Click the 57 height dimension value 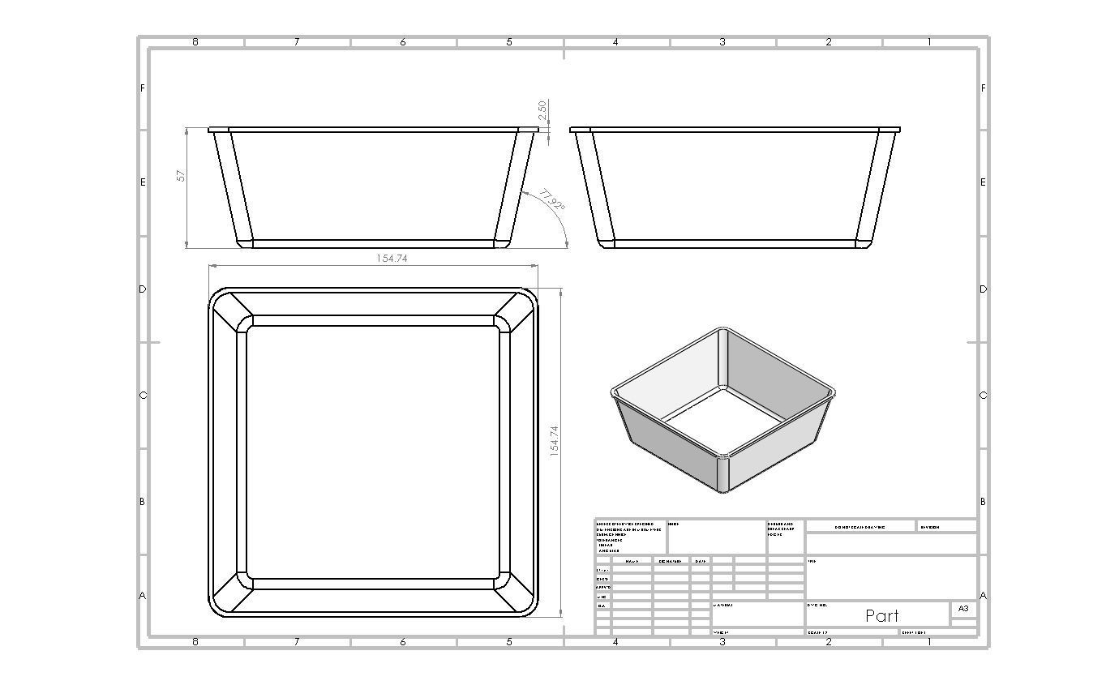click(x=182, y=174)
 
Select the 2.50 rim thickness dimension click(x=542, y=109)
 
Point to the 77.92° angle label click(x=551, y=200)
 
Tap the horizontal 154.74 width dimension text click(x=391, y=258)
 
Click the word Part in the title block click(x=881, y=615)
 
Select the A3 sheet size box click(x=962, y=608)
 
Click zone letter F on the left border click(x=143, y=88)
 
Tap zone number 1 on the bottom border click(x=928, y=642)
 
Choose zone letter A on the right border click(x=983, y=595)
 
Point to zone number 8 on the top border click(x=195, y=42)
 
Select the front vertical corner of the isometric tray click(x=723, y=474)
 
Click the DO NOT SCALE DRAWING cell click(x=860, y=527)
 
